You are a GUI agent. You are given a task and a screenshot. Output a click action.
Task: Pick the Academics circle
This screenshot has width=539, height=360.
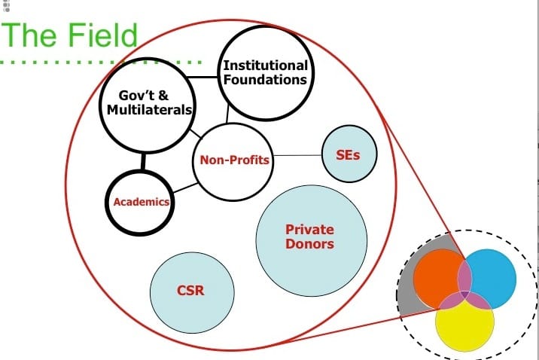[x=140, y=201]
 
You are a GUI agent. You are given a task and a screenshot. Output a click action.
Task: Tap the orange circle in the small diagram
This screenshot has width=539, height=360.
[x=437, y=273]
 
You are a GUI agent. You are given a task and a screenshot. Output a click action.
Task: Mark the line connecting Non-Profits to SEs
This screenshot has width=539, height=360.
[x=297, y=156]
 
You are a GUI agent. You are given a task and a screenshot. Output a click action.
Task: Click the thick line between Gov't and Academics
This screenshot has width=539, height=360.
[x=142, y=161]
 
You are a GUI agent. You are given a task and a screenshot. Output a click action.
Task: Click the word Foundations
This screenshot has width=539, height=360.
[x=265, y=79]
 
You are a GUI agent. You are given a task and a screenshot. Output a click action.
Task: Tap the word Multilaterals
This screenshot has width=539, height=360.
[x=151, y=110]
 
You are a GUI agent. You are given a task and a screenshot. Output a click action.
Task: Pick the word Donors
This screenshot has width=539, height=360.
[x=309, y=243]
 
